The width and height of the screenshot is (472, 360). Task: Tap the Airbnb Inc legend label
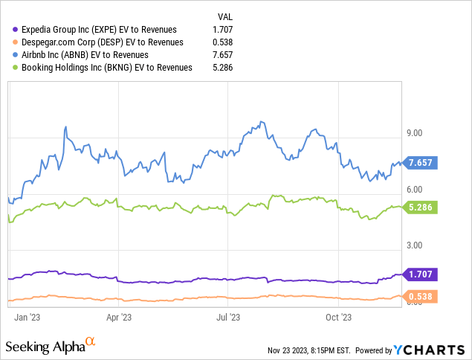(x=85, y=54)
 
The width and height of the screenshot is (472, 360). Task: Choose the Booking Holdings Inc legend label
(x=107, y=67)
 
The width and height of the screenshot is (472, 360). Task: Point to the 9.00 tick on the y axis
(x=412, y=133)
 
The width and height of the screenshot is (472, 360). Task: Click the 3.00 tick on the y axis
(x=412, y=245)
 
